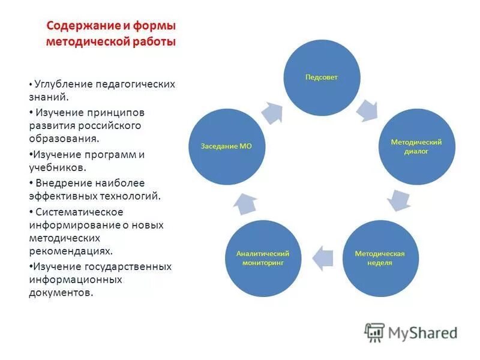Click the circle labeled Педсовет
tap(322, 77)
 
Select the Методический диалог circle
tap(416, 146)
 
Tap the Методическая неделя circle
tap(380, 258)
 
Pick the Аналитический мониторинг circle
tap(263, 258)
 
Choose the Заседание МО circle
tap(227, 146)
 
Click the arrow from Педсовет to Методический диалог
tap(367, 110)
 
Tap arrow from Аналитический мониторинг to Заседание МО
tap(245, 204)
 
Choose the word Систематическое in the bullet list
tap(79, 212)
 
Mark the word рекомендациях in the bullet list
tap(70, 252)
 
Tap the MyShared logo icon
tap(374, 332)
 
